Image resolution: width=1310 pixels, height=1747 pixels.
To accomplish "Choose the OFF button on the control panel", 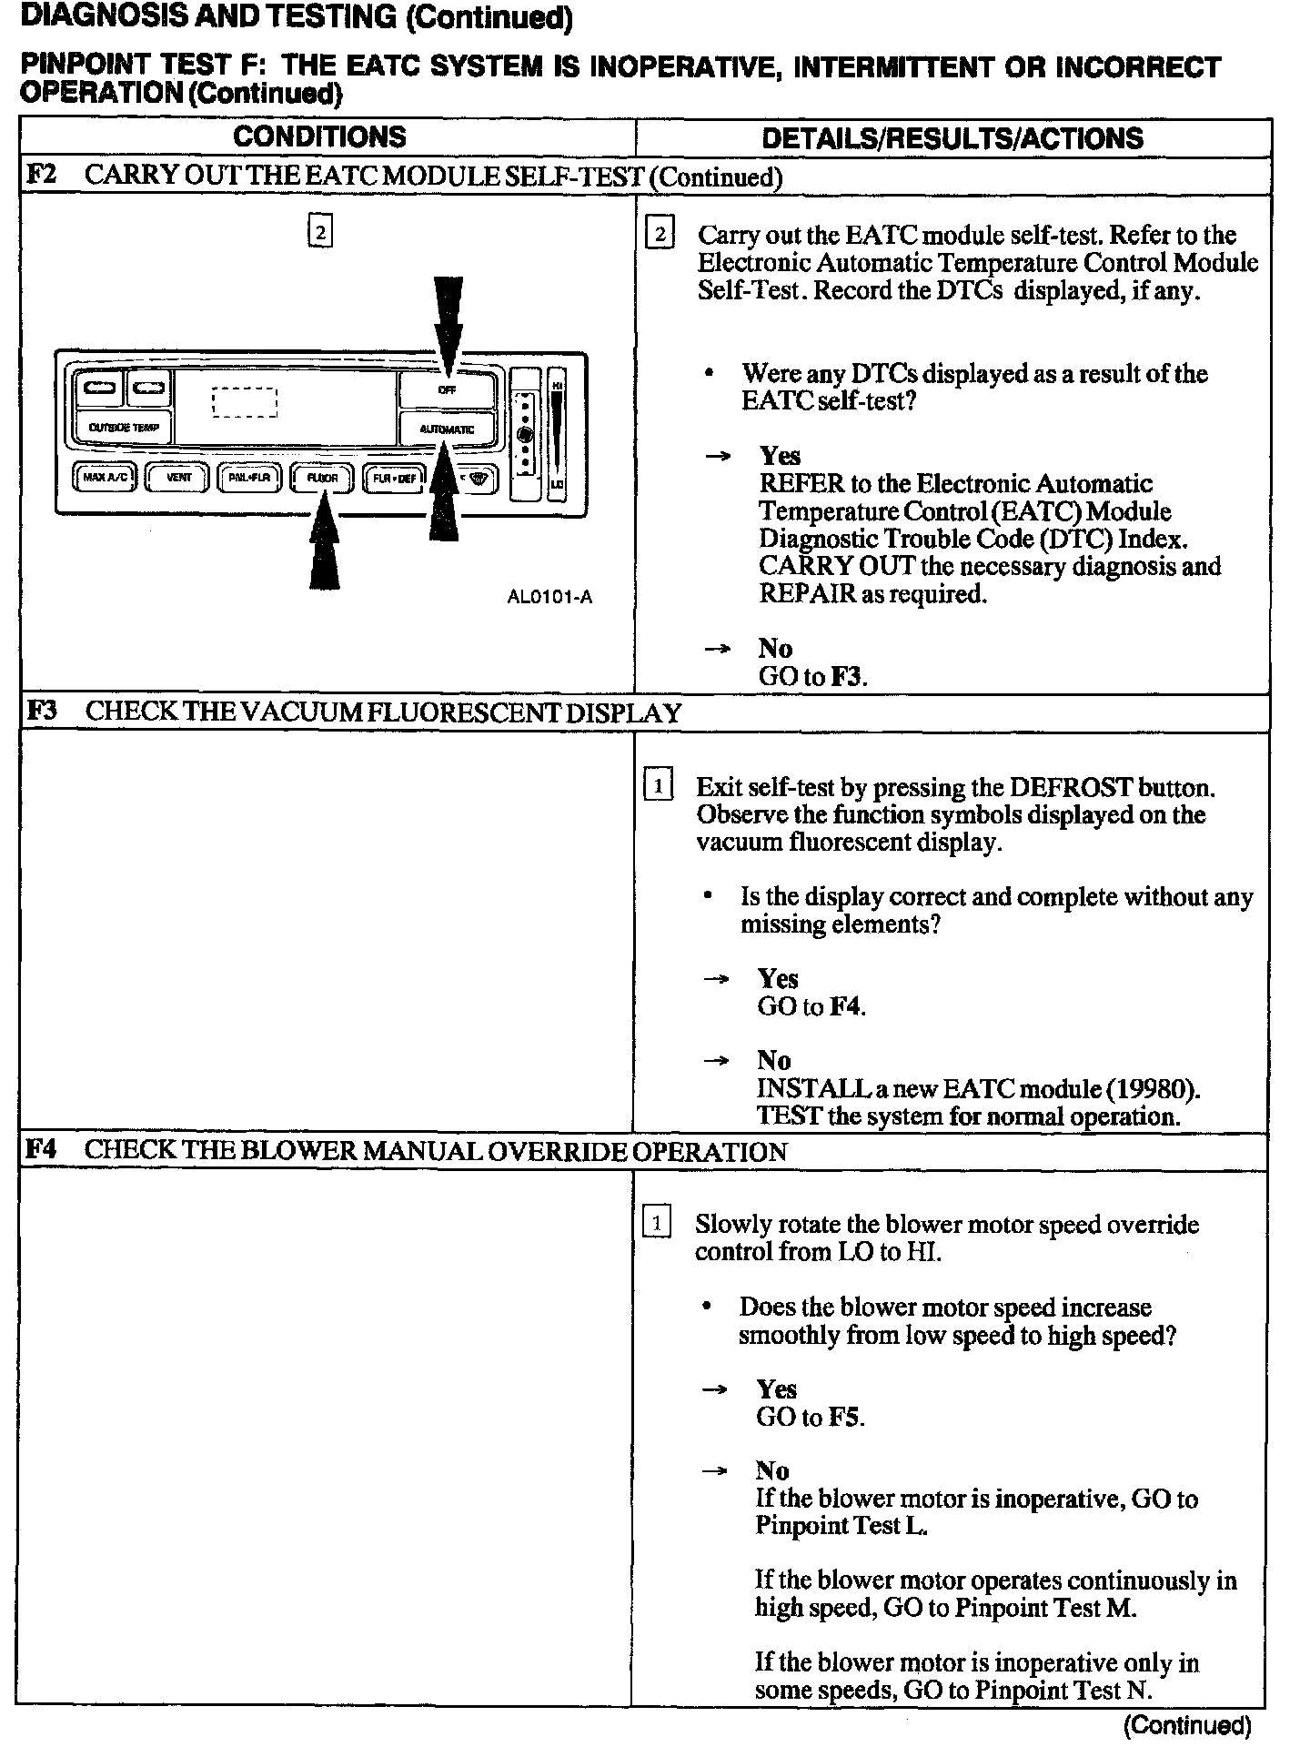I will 447,390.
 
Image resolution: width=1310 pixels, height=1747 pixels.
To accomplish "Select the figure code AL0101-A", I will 549,597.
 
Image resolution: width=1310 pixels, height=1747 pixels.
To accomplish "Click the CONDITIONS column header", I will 319,137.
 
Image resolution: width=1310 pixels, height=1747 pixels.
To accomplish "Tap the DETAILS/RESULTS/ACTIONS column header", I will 952,138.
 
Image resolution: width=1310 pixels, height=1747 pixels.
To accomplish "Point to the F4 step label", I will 41,1149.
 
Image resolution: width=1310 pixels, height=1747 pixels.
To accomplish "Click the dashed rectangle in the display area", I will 244,401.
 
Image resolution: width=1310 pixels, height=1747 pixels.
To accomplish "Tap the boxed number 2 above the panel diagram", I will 320,232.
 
